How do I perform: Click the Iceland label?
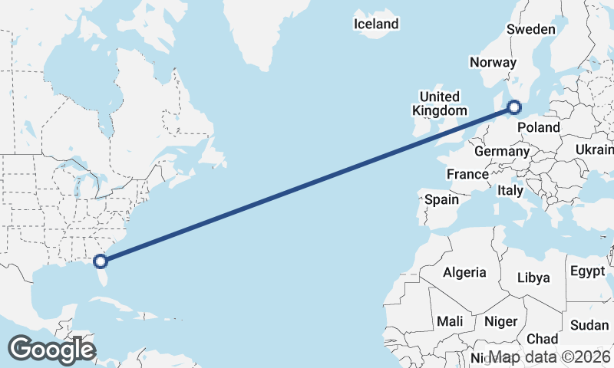[376, 24]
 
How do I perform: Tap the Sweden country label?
[530, 29]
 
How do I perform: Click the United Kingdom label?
[440, 103]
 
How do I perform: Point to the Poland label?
[539, 127]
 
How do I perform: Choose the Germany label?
[502, 151]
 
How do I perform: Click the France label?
[467, 174]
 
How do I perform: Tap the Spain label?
[441, 199]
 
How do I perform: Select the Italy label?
[510, 190]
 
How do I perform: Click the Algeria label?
[464, 272]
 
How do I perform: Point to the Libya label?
[533, 278]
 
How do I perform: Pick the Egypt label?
[588, 271]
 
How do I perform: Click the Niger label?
[500, 321]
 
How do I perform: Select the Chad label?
[542, 339]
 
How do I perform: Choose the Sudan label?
[589, 324]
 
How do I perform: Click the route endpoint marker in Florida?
[101, 261]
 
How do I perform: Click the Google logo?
[51, 349]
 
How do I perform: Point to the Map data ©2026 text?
[550, 357]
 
